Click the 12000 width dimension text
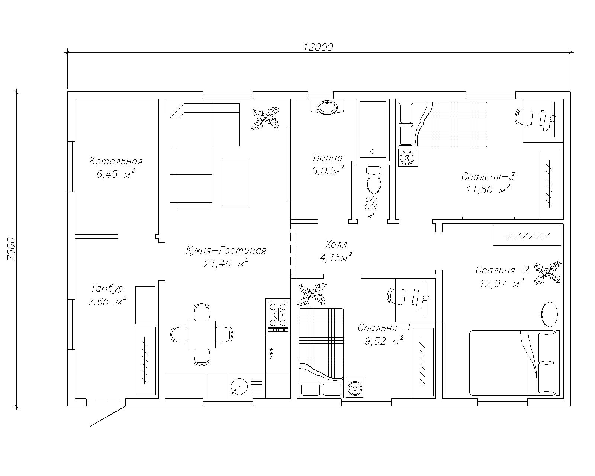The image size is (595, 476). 318,47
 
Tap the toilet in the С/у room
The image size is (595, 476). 373,180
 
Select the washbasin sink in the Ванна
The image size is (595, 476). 327,107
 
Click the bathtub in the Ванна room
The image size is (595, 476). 372,130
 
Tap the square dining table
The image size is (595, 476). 202,335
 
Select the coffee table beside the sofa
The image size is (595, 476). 235,182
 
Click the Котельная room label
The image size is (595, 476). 116,161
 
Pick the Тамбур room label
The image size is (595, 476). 107,289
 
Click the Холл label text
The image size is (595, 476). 336,244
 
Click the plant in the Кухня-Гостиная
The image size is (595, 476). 266,118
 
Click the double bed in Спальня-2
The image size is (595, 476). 512,363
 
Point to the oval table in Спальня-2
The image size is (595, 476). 549,315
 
